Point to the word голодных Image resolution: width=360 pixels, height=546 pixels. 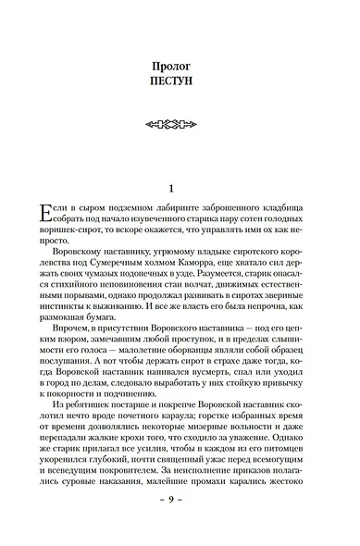tap(298, 224)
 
